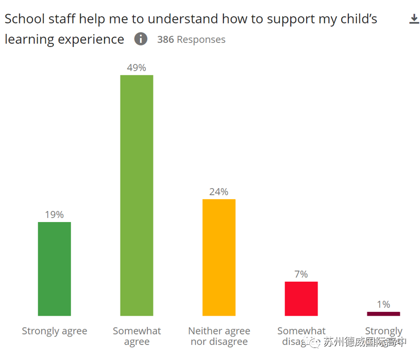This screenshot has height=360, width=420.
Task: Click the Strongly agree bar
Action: coord(54,269)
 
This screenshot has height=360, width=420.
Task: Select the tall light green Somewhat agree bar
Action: coord(137,195)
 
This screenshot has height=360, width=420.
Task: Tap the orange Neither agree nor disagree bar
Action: coord(219,257)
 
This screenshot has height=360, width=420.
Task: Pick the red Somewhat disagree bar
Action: coord(301,298)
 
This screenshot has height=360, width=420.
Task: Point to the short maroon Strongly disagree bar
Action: coord(383,313)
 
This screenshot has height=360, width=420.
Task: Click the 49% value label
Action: coord(136,68)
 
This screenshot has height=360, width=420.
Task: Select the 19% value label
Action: coord(54,215)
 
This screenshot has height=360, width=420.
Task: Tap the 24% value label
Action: coord(219,192)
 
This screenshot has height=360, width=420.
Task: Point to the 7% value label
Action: coord(301,274)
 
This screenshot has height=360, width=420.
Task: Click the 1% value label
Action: coord(383,305)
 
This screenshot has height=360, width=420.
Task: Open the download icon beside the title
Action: coord(413,19)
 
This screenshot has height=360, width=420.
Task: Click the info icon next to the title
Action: coord(141,39)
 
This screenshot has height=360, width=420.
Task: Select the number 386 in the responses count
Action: coord(166,40)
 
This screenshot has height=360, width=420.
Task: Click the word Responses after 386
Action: coord(201,40)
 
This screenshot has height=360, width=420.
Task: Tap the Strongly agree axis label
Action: coord(54,331)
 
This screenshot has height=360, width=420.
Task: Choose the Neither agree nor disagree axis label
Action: coord(219,336)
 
